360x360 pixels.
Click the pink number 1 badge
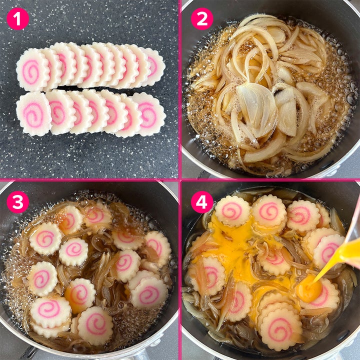click(18, 19)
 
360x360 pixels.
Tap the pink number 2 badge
click(202, 19)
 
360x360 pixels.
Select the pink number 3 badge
click(18, 202)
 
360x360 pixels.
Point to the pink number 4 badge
click(202, 202)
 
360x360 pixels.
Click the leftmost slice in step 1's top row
click(31, 70)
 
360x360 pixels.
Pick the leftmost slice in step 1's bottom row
click(33, 113)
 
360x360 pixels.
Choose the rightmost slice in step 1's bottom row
click(149, 114)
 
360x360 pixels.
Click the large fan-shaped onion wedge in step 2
click(256, 109)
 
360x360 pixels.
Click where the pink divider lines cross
click(180, 180)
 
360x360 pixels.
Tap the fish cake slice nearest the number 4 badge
click(232, 211)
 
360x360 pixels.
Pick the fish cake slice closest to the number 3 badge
click(45, 238)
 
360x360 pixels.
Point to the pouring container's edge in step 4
click(351, 229)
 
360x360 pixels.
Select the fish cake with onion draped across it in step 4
click(207, 276)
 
